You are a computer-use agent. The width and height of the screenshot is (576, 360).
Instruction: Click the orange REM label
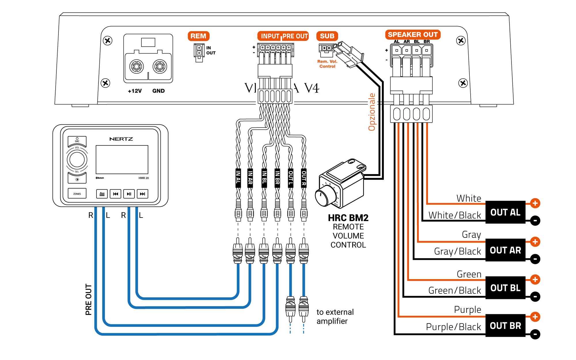tap(198, 36)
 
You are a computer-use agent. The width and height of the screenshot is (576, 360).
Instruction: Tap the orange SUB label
tap(327, 36)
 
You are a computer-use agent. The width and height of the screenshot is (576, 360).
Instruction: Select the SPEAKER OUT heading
tap(412, 35)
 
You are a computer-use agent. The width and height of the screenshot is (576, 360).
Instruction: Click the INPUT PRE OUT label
tap(283, 36)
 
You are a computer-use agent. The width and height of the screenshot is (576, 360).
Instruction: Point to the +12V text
tap(135, 91)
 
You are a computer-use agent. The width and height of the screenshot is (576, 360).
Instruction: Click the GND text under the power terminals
tap(158, 91)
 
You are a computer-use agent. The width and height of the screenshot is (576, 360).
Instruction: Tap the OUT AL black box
tap(505, 212)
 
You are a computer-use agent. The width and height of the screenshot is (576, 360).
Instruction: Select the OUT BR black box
tap(505, 325)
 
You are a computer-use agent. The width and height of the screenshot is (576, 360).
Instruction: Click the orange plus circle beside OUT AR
tap(535, 242)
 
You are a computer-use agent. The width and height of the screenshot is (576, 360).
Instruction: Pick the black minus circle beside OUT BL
tap(535, 296)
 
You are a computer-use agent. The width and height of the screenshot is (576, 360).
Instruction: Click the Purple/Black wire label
tap(453, 327)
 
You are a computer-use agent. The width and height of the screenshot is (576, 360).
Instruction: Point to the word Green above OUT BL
tap(469, 274)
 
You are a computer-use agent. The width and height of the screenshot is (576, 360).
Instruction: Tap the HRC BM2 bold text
tap(348, 218)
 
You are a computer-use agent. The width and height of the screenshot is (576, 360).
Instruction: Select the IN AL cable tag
tap(238, 178)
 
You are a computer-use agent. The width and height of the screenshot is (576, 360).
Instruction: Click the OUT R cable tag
tap(304, 178)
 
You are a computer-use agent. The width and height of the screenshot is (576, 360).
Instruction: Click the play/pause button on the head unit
tap(129, 194)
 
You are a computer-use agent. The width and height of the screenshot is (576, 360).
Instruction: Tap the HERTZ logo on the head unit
tap(121, 139)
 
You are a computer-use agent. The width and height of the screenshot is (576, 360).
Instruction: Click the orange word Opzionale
tap(372, 112)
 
